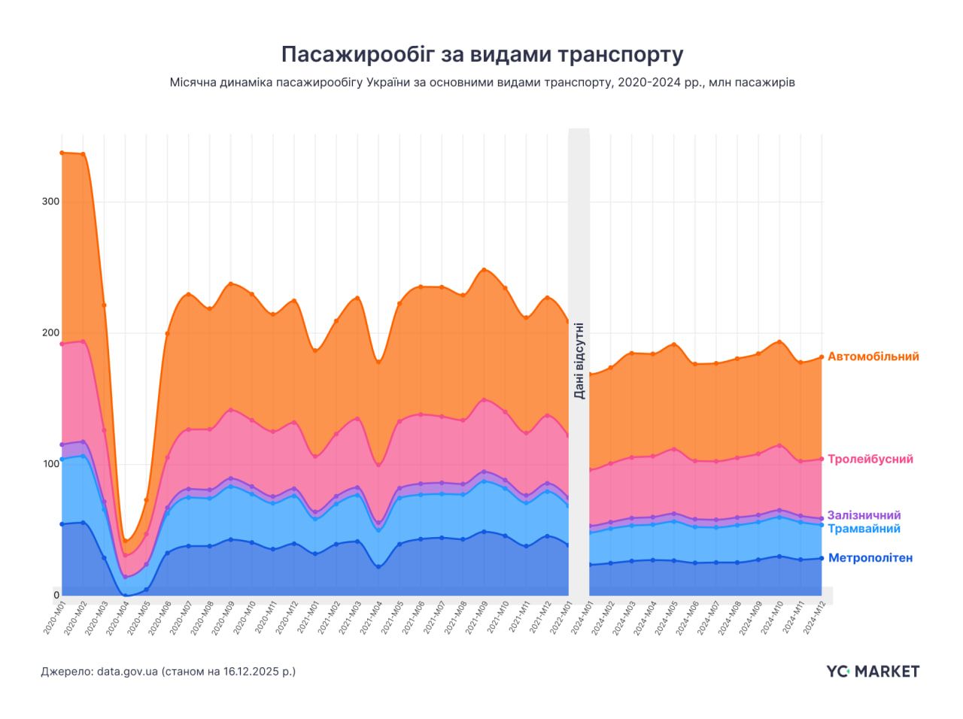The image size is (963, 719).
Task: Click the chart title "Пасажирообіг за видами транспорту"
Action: [x=481, y=54]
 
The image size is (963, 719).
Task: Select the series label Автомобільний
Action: [x=873, y=356]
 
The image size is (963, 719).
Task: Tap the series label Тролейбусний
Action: [x=870, y=459]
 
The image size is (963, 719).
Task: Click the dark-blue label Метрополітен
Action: [x=870, y=558]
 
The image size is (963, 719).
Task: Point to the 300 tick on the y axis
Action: [x=50, y=202]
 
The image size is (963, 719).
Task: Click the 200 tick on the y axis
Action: [x=50, y=332]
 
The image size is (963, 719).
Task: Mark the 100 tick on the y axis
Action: [x=50, y=463]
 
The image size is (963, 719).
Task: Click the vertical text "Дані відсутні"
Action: [x=579, y=361]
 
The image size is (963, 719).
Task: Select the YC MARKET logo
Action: [x=872, y=671]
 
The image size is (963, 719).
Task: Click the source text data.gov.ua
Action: [x=126, y=671]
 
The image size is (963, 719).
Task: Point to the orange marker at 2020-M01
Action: [x=62, y=153]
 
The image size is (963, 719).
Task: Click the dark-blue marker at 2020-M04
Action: [x=125, y=595]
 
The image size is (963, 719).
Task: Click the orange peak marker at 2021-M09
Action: [x=484, y=269]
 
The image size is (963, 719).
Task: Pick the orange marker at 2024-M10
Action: [x=779, y=341]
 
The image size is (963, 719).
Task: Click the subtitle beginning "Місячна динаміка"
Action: [x=481, y=83]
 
